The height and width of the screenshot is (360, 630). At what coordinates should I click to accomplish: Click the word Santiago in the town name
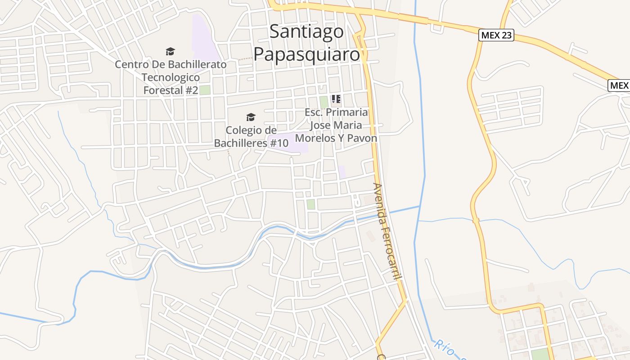(306, 32)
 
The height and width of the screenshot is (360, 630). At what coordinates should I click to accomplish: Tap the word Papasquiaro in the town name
(306, 53)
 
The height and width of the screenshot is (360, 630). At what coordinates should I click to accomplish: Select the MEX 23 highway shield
(496, 35)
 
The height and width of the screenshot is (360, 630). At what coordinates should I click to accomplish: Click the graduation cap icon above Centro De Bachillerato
(170, 52)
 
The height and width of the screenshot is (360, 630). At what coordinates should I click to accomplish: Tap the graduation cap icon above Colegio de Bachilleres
(251, 117)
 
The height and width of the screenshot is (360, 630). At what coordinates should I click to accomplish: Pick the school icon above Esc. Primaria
(336, 99)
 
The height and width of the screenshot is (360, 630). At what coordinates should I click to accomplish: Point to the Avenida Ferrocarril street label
(386, 231)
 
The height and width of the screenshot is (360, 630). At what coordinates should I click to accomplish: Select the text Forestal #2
(171, 90)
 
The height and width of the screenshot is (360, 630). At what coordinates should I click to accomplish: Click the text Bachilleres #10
(251, 143)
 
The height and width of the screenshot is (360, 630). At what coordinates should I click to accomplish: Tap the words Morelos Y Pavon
(336, 138)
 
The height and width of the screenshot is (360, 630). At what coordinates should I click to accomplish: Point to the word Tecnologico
(171, 77)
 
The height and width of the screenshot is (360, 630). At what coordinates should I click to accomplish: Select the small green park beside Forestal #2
(205, 90)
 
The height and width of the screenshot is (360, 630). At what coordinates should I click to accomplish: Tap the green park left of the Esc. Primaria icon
(324, 102)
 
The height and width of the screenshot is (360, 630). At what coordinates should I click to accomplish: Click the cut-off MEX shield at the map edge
(619, 85)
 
